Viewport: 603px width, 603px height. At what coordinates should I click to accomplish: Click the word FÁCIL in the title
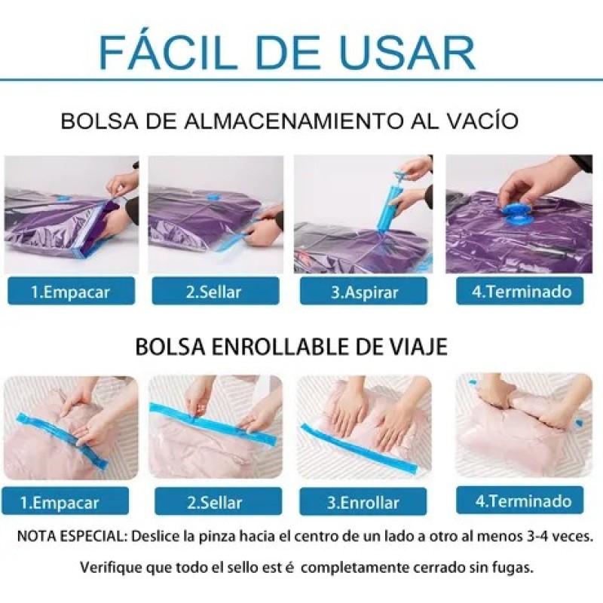167,53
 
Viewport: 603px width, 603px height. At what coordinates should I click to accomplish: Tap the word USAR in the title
408,53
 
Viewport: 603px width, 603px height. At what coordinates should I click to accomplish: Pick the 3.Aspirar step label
364,292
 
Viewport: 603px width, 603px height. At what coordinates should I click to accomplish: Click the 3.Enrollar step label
363,502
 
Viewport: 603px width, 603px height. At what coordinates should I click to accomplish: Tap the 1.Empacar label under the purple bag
71,292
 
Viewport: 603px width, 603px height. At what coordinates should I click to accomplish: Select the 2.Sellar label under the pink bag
218,502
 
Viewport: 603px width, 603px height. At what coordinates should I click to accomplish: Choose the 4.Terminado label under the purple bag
520,291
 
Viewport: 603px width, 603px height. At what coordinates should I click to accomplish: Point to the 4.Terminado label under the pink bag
520,500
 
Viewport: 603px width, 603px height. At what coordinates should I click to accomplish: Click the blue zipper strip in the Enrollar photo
359,449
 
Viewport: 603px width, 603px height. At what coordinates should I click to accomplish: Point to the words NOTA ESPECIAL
72,537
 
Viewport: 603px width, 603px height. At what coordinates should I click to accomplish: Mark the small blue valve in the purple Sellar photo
212,197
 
